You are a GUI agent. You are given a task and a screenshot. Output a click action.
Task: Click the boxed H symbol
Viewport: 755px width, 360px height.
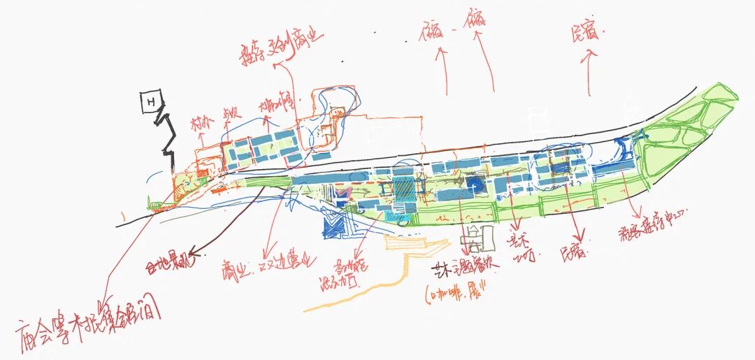pyautogui.click(x=149, y=102)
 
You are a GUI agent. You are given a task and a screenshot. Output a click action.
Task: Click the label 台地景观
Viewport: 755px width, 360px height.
pyautogui.click(x=166, y=265)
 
